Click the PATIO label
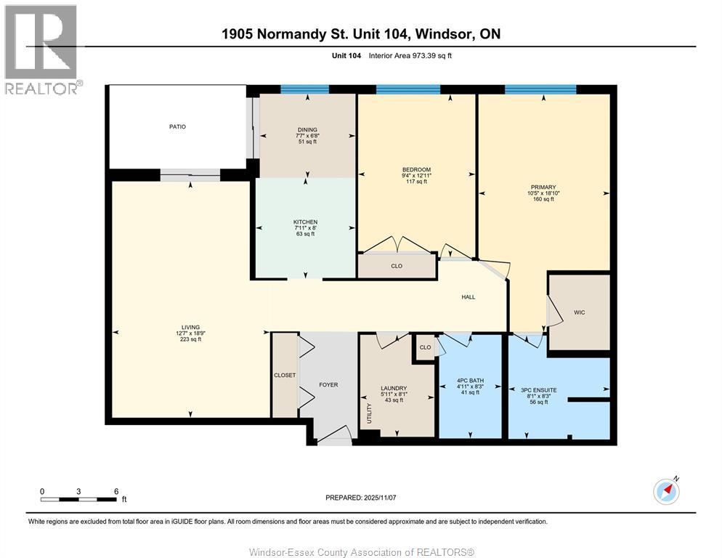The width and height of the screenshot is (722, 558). click(177, 126)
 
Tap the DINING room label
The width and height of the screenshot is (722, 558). click(307, 130)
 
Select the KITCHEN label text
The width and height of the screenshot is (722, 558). click(305, 222)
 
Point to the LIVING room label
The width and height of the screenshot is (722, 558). click(191, 327)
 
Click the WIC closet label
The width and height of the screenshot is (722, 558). click(579, 312)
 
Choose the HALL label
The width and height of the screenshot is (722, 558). click(469, 296)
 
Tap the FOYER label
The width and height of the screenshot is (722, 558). click(328, 385)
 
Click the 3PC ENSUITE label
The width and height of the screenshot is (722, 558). click(539, 390)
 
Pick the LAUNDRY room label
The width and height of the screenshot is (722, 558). click(394, 388)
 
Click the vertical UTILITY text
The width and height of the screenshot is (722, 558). click(369, 414)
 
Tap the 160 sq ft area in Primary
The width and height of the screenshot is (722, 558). click(543, 199)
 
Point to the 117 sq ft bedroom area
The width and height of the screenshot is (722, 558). click(416, 182)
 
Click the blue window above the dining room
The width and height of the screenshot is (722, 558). click(304, 89)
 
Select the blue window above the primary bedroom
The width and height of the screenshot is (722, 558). click(540, 89)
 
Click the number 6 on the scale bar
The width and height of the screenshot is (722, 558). click(116, 491)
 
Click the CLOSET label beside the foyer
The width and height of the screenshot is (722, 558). click(285, 376)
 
